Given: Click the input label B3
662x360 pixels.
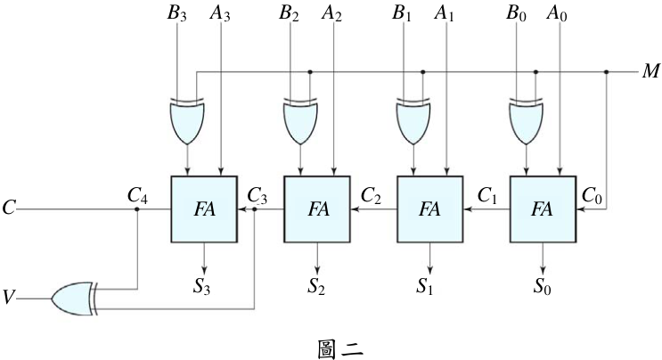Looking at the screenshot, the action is (x=176, y=13).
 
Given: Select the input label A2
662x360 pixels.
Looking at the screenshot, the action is (x=331, y=13).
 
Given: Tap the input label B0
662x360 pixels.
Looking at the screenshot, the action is (x=516, y=13).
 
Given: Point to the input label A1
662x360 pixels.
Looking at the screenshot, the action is (x=444, y=13).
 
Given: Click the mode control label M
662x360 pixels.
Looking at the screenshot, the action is (x=650, y=72).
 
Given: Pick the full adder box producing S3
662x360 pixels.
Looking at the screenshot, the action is (x=204, y=209).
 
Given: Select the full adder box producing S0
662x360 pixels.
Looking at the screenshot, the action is (x=543, y=209).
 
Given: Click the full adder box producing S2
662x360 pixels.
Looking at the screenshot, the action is (x=317, y=209).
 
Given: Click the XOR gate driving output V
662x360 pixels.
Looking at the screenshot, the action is (x=74, y=299).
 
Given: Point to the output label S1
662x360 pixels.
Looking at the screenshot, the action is (x=425, y=286).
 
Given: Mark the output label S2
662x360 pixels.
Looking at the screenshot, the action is (x=316, y=286).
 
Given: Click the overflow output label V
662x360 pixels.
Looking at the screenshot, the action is (x=9, y=298).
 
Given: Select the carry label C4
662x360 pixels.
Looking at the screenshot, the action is (x=137, y=196).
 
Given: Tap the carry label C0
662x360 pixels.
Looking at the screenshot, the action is (x=592, y=196).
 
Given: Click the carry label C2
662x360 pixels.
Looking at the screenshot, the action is (x=372, y=196).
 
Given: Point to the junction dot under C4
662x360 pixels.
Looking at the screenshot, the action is (x=137, y=209).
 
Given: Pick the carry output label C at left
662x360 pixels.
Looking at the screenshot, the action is (x=9, y=208).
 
